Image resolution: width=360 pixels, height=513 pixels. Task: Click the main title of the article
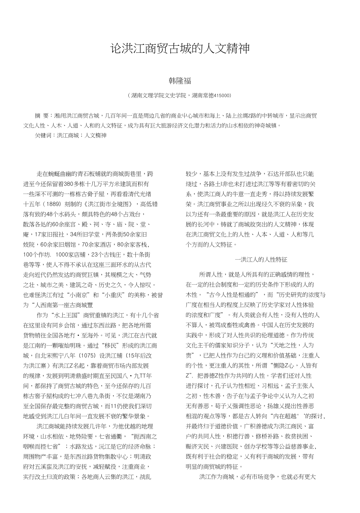[180, 49]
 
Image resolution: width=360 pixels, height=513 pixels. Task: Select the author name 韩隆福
[180, 81]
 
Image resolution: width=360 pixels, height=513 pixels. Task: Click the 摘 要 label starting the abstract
[43, 116]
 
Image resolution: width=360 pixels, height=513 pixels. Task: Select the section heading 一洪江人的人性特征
[261, 259]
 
